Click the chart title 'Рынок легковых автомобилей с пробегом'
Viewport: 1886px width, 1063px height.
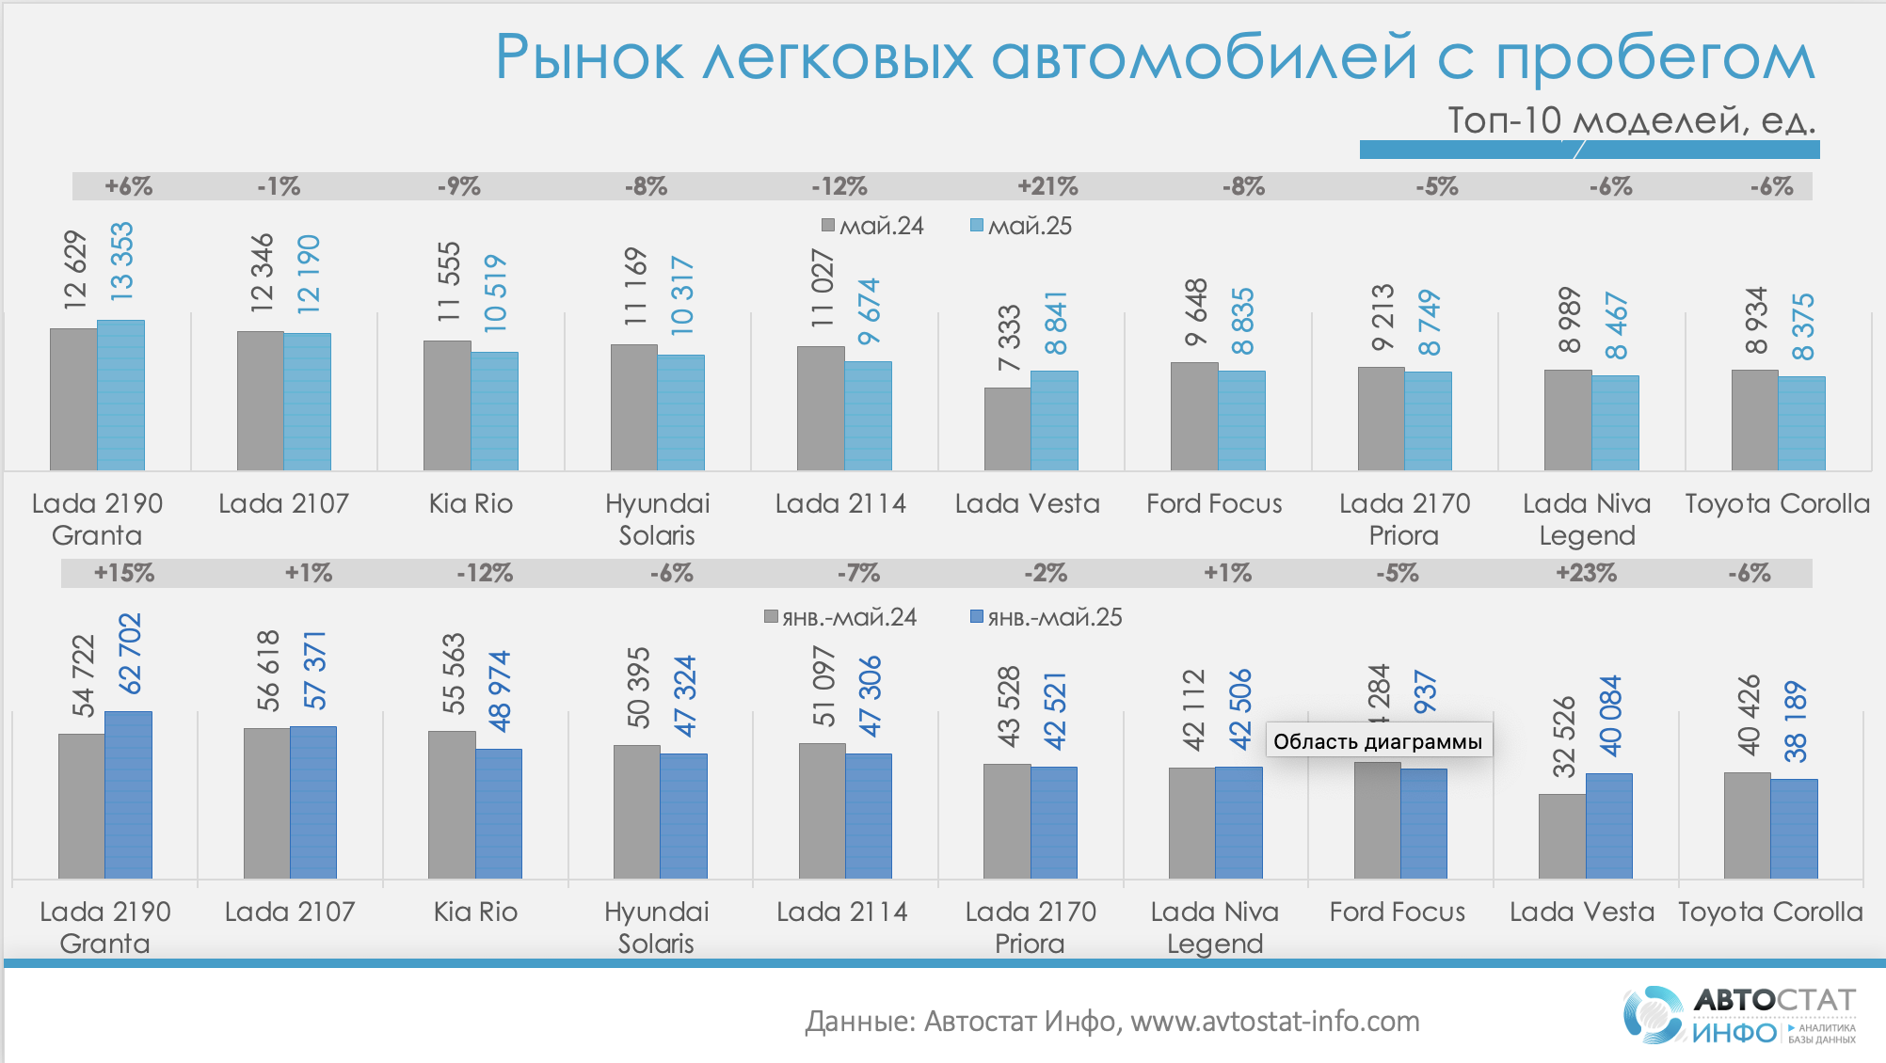[x=1154, y=58]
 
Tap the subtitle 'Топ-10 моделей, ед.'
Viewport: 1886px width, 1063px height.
[x=1631, y=120]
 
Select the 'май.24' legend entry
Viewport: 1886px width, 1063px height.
[x=872, y=226]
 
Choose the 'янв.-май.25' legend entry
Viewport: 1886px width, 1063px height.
[x=1046, y=617]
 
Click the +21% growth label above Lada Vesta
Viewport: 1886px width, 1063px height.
[x=1047, y=186]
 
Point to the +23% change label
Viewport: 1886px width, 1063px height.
[x=1586, y=573]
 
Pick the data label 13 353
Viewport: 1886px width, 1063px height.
[x=122, y=262]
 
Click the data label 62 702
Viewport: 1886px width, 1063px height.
[x=129, y=653]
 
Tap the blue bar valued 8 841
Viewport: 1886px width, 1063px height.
[x=1054, y=420]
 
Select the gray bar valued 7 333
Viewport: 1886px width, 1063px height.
[x=1007, y=429]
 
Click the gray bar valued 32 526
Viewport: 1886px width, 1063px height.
[x=1561, y=836]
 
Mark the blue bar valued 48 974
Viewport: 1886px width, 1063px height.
[x=499, y=814]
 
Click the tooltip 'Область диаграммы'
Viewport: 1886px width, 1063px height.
[x=1378, y=741]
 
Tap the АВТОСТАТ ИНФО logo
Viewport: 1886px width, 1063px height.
[x=1739, y=1015]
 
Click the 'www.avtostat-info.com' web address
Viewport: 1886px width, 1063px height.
[x=1274, y=1021]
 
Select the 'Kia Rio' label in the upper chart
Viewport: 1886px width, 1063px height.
[x=471, y=503]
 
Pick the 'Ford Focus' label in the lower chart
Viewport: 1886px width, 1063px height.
[x=1398, y=912]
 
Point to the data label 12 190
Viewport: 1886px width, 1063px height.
[x=309, y=274]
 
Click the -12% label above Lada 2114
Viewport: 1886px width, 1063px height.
[x=839, y=186]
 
